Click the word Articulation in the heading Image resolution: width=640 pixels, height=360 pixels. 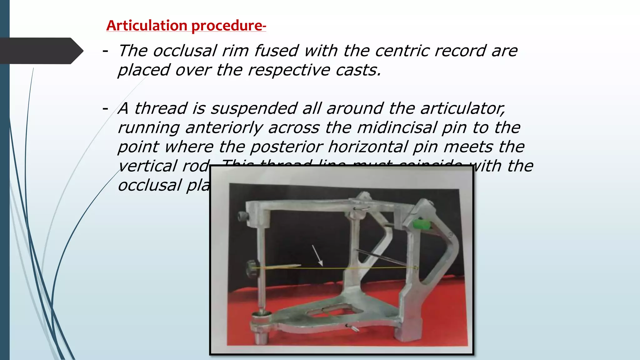point(147,26)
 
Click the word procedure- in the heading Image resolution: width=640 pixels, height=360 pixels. point(228,26)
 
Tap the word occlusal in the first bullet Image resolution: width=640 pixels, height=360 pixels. point(185,51)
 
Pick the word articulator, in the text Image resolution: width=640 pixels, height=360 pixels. point(462,108)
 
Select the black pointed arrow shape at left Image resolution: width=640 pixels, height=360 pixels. point(41,51)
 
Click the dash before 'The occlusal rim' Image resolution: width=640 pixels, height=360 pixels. point(105,51)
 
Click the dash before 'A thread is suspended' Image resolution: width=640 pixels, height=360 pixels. point(105,108)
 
